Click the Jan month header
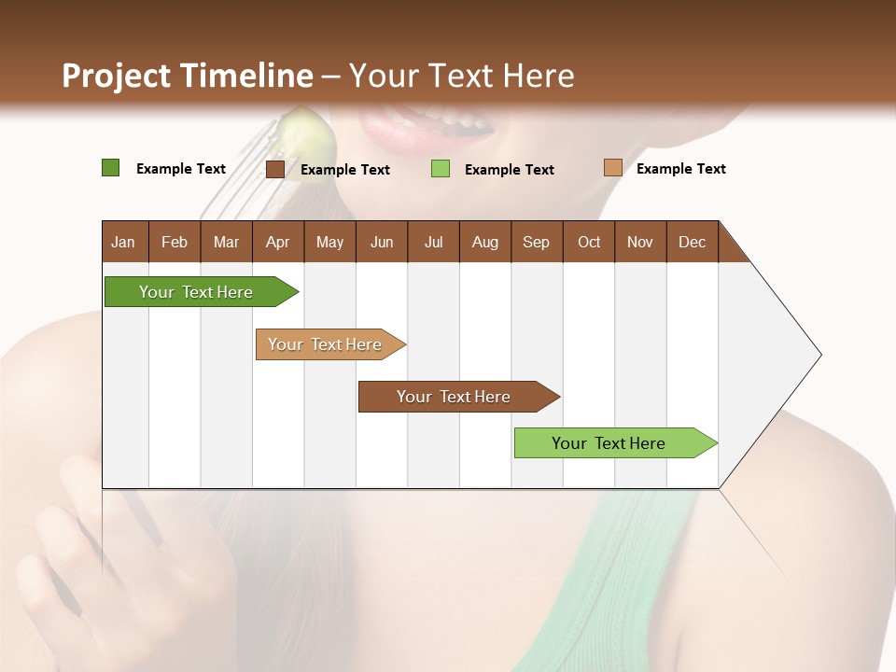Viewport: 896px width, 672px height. point(124,242)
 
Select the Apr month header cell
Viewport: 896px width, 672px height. point(278,242)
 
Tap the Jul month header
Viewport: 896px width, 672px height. point(433,242)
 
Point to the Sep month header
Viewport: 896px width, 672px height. point(537,242)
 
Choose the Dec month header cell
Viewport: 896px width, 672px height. point(692,242)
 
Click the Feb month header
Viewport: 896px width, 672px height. point(175,242)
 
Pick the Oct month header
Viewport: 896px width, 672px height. point(589,242)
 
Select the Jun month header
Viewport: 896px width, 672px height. point(382,242)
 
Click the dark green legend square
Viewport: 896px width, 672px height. point(110,168)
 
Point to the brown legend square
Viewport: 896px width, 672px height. point(275,169)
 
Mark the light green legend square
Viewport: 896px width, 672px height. point(441,169)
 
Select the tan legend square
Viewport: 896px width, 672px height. point(612,168)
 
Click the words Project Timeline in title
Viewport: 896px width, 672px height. point(187,76)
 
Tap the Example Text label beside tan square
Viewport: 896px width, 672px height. point(680,169)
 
